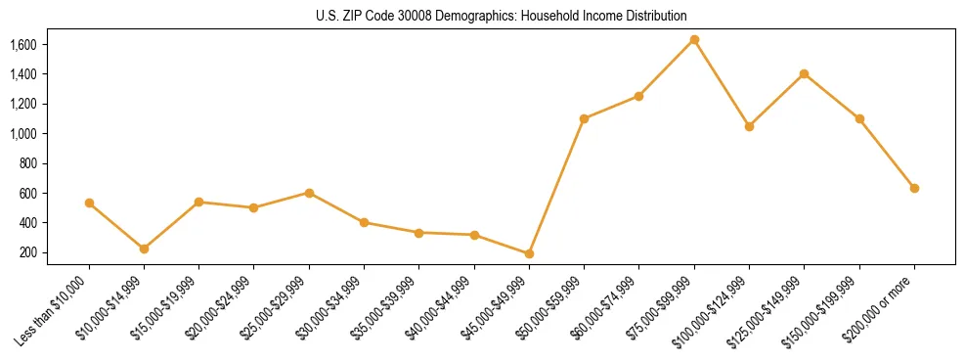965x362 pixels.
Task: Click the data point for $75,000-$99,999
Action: point(694,39)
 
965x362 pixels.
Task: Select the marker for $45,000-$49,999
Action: point(529,253)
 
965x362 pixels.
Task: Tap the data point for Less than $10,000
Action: point(89,203)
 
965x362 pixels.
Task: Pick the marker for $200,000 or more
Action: point(914,188)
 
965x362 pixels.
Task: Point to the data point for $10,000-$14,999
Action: point(144,249)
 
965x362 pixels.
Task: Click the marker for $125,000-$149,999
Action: point(804,73)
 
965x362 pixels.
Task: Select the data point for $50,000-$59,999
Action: point(584,118)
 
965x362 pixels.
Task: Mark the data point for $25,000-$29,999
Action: point(309,193)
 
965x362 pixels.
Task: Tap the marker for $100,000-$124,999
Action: point(749,126)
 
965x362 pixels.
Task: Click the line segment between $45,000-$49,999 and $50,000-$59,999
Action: point(556,186)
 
